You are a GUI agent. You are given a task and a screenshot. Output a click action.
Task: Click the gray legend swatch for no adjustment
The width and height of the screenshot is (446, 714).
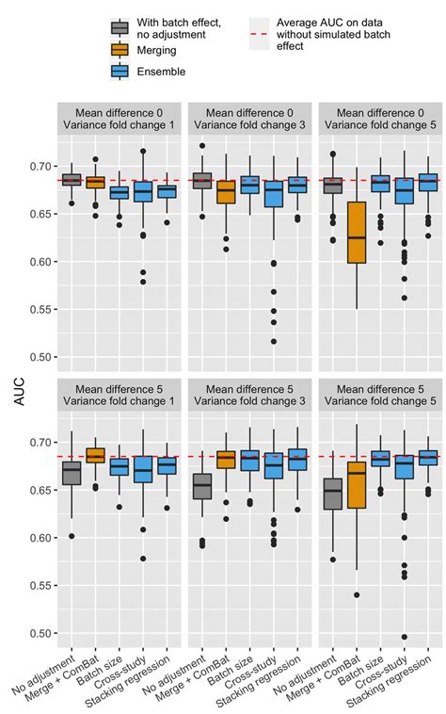click(119, 26)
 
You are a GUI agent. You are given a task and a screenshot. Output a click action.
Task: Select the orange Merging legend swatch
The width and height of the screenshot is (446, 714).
click(119, 50)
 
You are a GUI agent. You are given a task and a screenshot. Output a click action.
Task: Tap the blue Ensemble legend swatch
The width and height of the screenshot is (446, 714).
click(119, 72)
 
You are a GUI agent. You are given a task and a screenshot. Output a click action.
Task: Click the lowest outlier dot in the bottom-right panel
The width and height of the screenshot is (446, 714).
click(405, 637)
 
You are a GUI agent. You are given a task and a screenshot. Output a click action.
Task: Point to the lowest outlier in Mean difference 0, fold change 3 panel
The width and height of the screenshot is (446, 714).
click(274, 341)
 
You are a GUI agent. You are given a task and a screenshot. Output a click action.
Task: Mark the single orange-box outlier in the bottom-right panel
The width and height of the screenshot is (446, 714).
click(356, 595)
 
